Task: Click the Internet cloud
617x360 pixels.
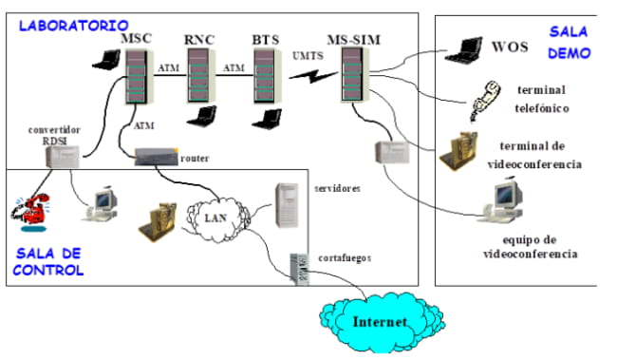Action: coord(379,320)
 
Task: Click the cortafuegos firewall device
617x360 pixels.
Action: coord(301,265)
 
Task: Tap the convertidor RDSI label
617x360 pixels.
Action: coord(56,132)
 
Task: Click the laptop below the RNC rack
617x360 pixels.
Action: coord(202,116)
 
